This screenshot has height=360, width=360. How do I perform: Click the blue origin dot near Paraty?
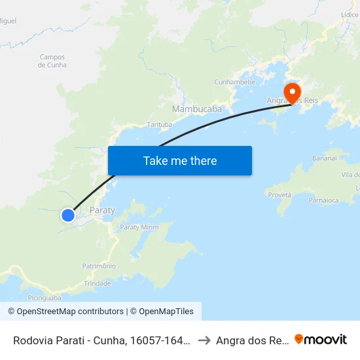tap(68, 215)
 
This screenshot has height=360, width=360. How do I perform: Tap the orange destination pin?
tap(291, 90)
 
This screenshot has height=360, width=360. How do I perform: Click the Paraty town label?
tap(101, 210)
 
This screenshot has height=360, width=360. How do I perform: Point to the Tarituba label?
tap(160, 124)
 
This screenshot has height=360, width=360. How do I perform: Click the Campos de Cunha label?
tap(52, 61)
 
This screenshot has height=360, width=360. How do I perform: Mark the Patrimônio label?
tap(99, 266)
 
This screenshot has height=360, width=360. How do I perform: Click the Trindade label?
tap(98, 283)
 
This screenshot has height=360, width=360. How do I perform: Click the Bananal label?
tap(325, 158)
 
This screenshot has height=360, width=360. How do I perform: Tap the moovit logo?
tap(321, 339)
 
